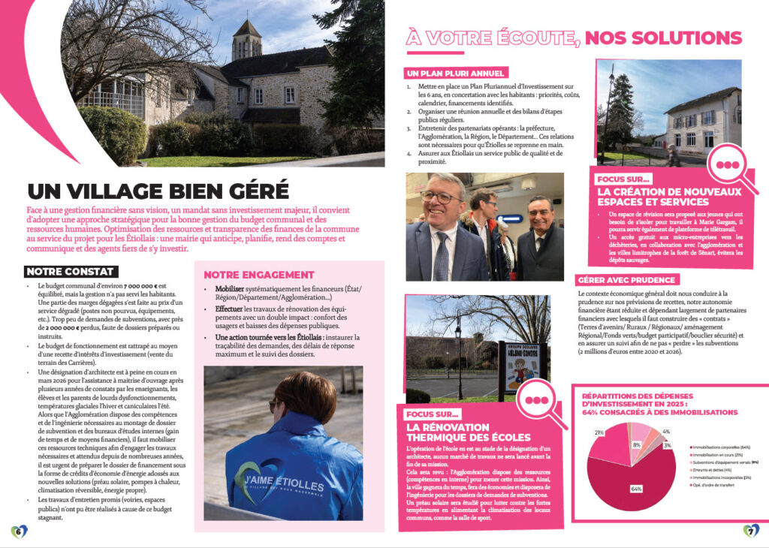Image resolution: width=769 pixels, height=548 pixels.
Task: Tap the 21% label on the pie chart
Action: pyautogui.click(x=599, y=433)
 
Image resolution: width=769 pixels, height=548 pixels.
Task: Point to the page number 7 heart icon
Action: pyautogui.click(x=751, y=531)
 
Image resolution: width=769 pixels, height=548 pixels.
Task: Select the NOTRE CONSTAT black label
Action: pyautogui.click(x=69, y=271)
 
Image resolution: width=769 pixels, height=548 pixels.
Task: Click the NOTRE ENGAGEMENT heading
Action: pyautogui.click(x=258, y=275)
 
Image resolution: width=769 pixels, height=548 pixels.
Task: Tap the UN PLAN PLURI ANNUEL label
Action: pyautogui.click(x=455, y=74)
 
